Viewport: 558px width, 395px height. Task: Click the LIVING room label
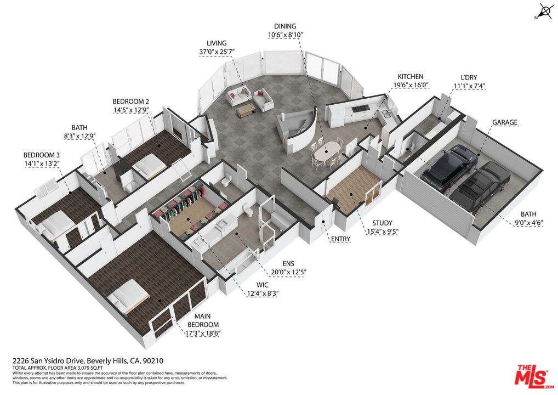(x=217, y=43)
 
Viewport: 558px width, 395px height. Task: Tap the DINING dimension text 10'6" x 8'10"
(x=286, y=35)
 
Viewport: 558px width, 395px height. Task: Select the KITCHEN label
(x=411, y=77)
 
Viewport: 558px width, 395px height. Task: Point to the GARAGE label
(x=505, y=122)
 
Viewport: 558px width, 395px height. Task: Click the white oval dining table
(x=327, y=152)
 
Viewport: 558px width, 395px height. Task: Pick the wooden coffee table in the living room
(x=246, y=110)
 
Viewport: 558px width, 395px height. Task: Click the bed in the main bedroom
(x=128, y=296)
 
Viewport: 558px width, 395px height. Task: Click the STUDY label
(x=382, y=223)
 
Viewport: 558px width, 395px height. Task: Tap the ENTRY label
(x=340, y=239)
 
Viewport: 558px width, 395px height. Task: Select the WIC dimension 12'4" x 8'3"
(x=263, y=294)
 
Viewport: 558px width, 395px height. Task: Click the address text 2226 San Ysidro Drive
(x=49, y=361)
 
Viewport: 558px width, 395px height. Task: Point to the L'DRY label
(x=469, y=77)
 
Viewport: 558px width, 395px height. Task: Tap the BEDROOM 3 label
(x=42, y=155)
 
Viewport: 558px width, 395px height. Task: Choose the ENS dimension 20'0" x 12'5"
(x=289, y=272)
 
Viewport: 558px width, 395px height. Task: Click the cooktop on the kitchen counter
(x=360, y=108)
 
